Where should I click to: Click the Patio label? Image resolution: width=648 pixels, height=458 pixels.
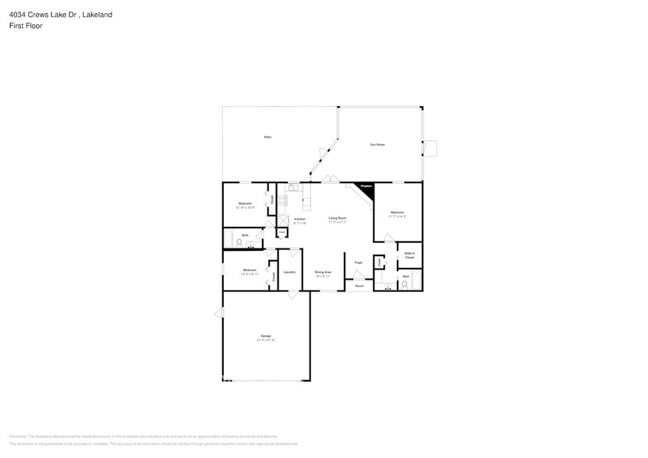click(267, 137)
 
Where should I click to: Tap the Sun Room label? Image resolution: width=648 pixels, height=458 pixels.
click(377, 145)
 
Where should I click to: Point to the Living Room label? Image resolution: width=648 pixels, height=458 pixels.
click(337, 218)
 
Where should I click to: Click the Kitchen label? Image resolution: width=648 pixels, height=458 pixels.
click(299, 219)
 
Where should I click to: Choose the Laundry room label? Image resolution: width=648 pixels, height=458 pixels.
click(289, 272)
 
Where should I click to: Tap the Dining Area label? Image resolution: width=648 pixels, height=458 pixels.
click(323, 272)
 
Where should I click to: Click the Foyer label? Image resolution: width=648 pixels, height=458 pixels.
click(359, 262)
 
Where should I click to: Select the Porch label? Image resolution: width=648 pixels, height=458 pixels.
click(359, 286)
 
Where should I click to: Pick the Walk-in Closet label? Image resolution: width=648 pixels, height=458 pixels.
click(409, 255)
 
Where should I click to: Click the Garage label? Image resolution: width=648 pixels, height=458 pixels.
click(266, 336)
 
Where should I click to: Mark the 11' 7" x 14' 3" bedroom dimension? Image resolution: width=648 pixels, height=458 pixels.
click(398, 216)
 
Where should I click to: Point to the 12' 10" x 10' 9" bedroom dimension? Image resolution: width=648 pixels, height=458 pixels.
click(245, 207)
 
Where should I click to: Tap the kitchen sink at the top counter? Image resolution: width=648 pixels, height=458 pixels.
click(293, 187)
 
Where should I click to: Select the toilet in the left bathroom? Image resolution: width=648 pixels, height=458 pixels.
click(239, 242)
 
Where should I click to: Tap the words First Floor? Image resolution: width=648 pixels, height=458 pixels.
click(26, 25)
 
